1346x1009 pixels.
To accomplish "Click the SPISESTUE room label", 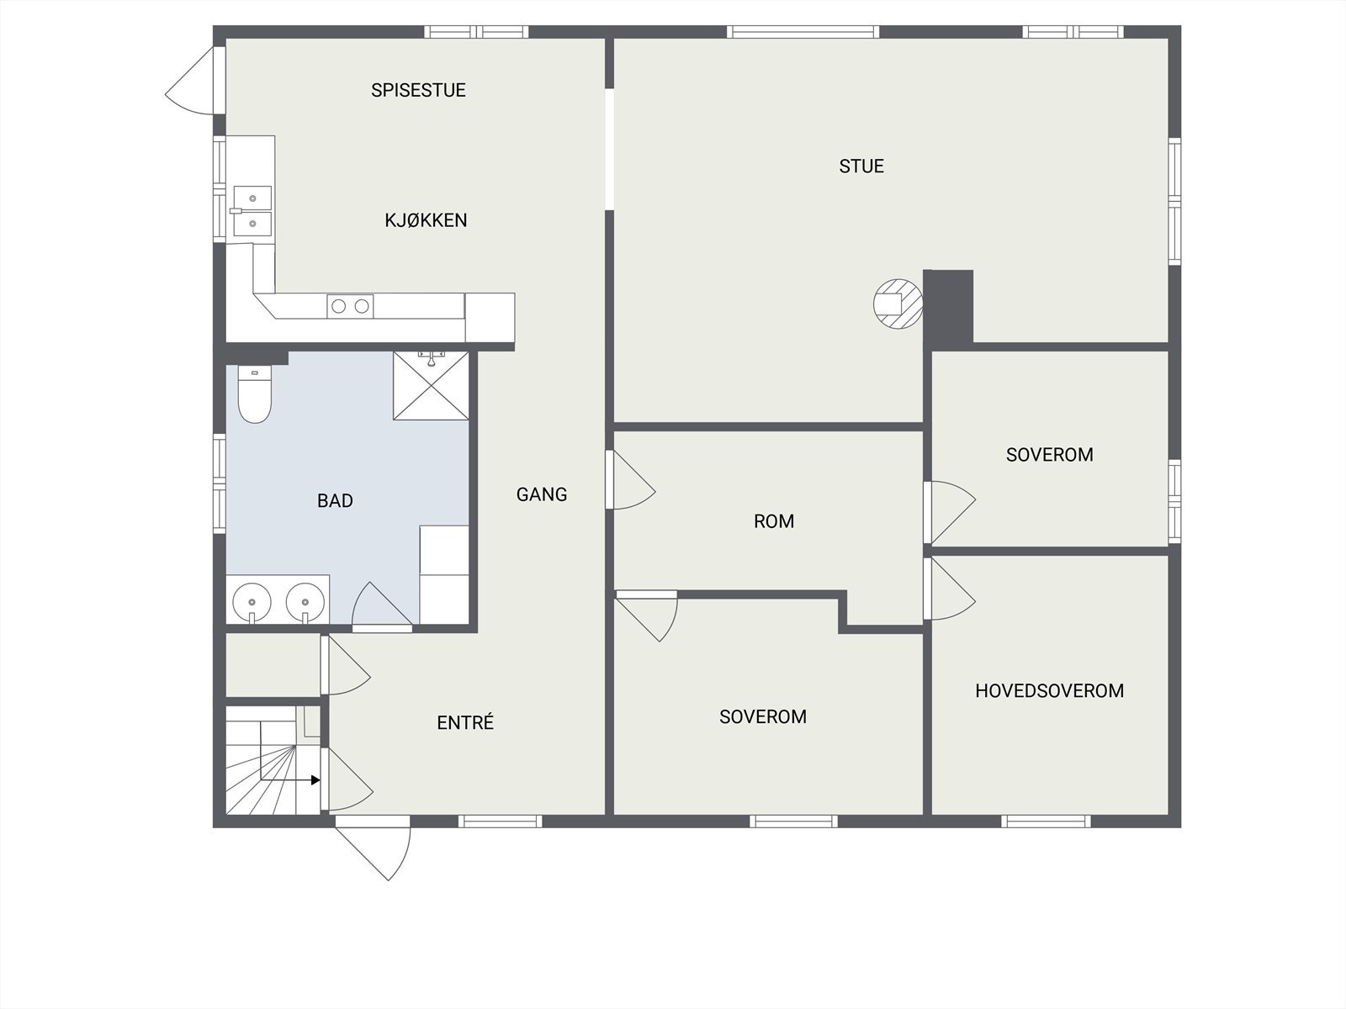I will click(418, 90).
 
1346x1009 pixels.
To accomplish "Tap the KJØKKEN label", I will click(426, 220).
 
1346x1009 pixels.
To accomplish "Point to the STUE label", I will click(861, 166).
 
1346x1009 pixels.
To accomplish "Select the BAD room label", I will click(335, 501).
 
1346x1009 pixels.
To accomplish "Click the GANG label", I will click(542, 494).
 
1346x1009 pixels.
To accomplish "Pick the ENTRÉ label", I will click(465, 722).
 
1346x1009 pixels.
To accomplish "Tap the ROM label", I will click(774, 521).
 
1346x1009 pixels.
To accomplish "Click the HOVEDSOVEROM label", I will click(1049, 691).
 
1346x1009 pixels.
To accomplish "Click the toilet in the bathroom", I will click(254, 395).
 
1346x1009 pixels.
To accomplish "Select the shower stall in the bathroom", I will click(431, 386).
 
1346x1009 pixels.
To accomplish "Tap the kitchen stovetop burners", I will click(350, 306).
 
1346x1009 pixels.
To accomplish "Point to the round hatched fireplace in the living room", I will click(898, 304).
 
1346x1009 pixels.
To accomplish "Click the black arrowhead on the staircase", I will click(315, 780).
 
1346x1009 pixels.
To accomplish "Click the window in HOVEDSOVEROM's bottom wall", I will click(1047, 821).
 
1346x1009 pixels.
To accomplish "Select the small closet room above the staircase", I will click(273, 664).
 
